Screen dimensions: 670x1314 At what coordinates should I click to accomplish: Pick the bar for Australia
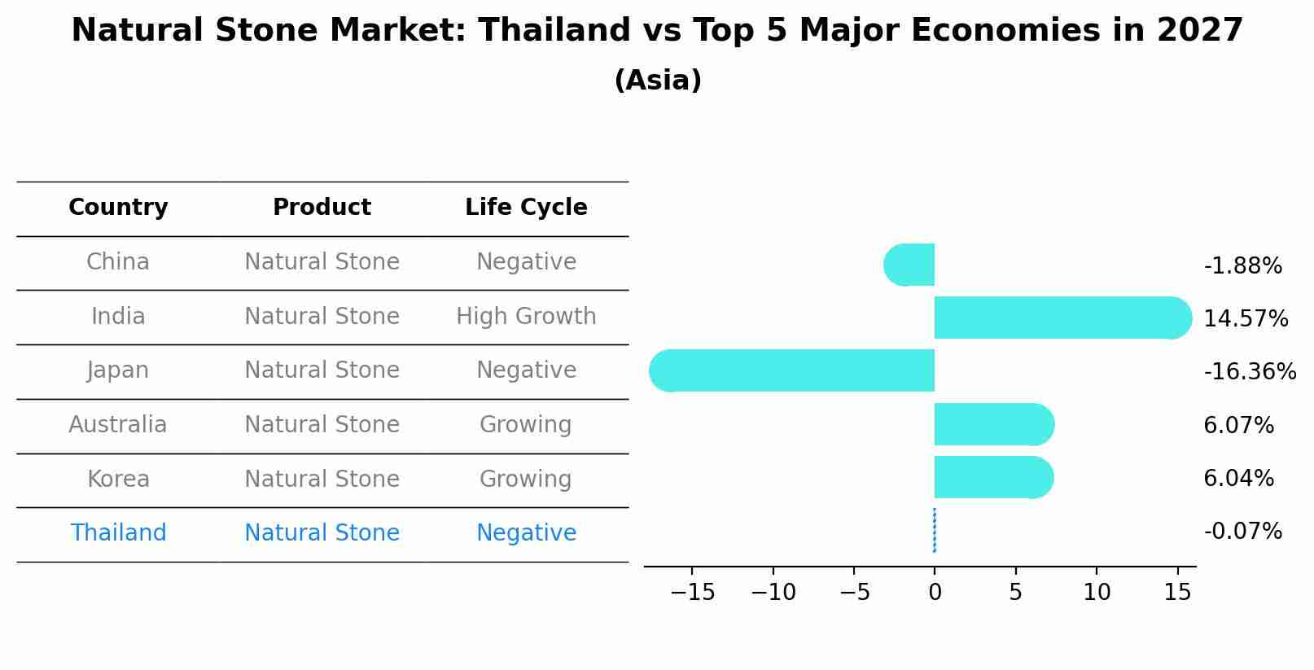994,424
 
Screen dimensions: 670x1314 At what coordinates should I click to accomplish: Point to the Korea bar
993,477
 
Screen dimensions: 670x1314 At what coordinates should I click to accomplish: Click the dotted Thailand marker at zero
934,530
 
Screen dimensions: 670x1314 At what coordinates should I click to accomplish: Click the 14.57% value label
1245,318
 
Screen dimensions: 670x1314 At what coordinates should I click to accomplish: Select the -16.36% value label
1249,371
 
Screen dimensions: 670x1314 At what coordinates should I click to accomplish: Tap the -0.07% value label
1242,531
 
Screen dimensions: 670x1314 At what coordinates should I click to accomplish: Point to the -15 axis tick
692,593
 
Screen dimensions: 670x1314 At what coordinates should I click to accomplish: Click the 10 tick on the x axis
1096,593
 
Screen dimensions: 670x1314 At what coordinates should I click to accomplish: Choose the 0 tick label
935,593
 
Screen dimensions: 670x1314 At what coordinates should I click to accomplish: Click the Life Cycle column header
526,208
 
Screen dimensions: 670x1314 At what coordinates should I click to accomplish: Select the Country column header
118,208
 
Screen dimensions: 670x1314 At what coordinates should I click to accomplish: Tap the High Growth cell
526,316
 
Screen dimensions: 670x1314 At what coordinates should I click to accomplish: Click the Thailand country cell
118,532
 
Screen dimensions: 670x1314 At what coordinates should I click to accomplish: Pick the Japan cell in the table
118,370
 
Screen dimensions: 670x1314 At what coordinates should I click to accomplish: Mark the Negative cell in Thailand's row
526,532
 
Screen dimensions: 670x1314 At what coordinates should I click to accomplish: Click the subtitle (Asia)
657,81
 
